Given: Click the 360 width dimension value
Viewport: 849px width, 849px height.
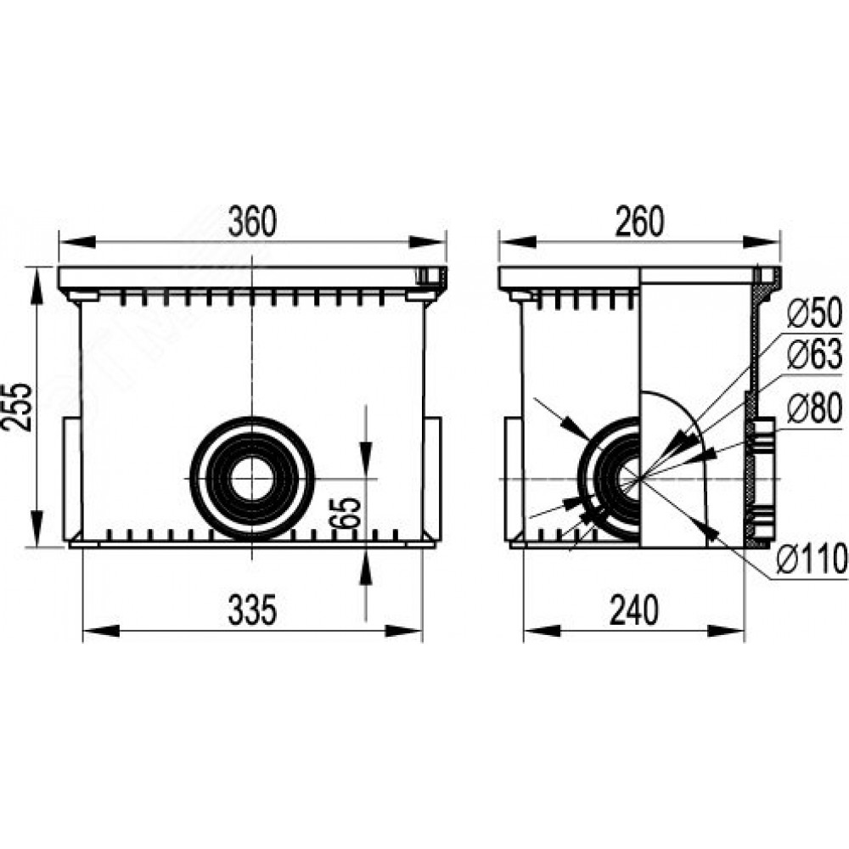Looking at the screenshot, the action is (252, 221).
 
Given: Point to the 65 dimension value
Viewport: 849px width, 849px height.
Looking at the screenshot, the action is (346, 512).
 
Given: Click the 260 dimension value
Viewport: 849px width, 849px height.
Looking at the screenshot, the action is (639, 221).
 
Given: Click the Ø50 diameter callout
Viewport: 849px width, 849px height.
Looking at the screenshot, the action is (814, 313).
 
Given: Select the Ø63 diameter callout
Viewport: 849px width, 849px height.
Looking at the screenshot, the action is (814, 355).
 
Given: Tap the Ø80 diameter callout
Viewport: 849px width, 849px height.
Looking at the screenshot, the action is (814, 409).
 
